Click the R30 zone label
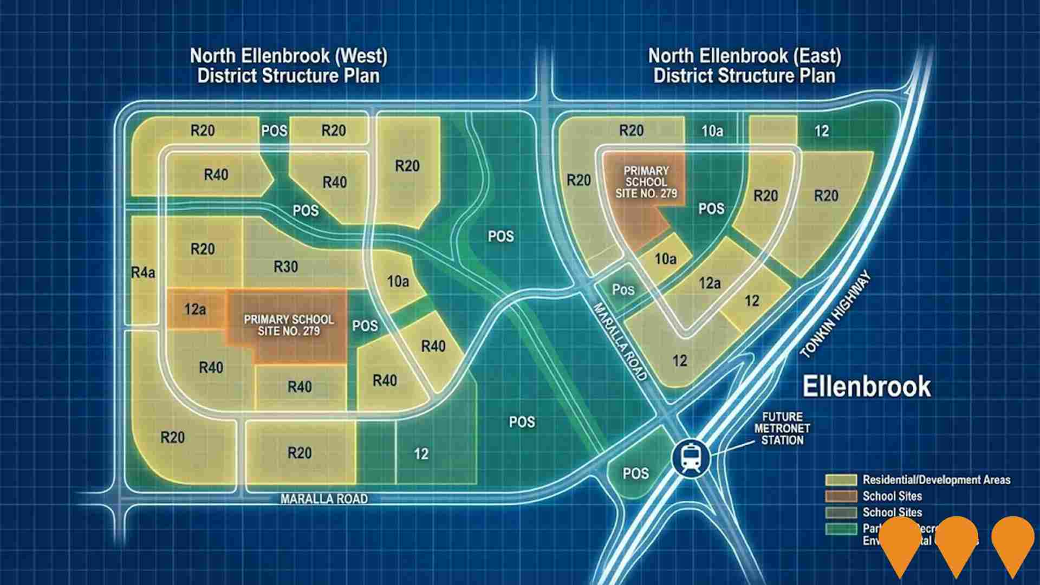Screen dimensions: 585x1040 pyautogui.click(x=285, y=266)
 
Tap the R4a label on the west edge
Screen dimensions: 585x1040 pyautogui.click(x=143, y=272)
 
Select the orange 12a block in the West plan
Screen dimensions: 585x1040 pyautogui.click(x=195, y=309)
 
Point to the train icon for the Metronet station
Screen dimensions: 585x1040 pyautogui.click(x=690, y=458)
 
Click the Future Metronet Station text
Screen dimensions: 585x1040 pyautogui.click(x=782, y=428)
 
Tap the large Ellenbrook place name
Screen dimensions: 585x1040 pyautogui.click(x=866, y=387)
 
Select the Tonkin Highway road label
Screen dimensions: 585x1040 pyautogui.click(x=835, y=315)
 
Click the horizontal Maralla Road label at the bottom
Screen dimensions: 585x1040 pyautogui.click(x=324, y=499)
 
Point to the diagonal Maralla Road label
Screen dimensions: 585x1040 pyautogui.click(x=620, y=342)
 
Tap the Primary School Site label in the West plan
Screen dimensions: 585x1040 pyautogui.click(x=289, y=325)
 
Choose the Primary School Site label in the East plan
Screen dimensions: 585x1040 pyautogui.click(x=646, y=181)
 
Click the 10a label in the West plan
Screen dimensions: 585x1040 pyautogui.click(x=398, y=281)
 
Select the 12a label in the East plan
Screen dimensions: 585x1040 pyautogui.click(x=710, y=283)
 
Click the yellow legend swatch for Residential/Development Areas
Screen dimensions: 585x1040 pyautogui.click(x=841, y=480)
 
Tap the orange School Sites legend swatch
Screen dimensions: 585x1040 pyautogui.click(x=841, y=496)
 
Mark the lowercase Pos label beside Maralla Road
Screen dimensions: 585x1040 pyautogui.click(x=623, y=290)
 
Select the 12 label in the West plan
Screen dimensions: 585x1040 pyautogui.click(x=421, y=454)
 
